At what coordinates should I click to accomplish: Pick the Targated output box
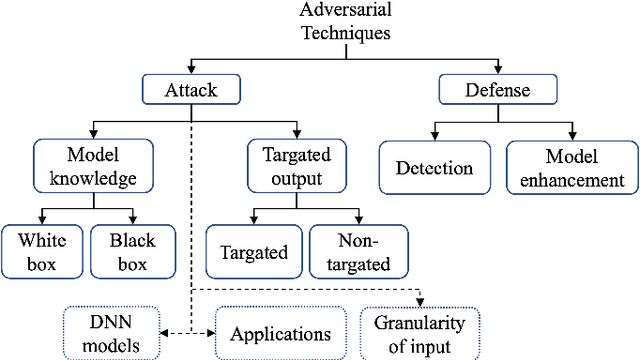tap(297, 167)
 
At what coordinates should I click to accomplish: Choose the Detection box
tap(435, 167)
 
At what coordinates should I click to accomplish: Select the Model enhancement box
tap(571, 167)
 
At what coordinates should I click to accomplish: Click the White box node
tap(41, 251)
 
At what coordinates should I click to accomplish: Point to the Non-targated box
tap(357, 251)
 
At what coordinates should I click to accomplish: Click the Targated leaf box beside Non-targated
tap(253, 251)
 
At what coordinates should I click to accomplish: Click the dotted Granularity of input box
tap(419, 333)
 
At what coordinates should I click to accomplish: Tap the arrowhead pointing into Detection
tap(435, 135)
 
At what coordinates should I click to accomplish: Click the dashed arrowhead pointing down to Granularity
tap(421, 302)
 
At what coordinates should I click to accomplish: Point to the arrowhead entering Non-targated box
tap(357, 219)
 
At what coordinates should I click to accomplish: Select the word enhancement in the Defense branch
tap(571, 180)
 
